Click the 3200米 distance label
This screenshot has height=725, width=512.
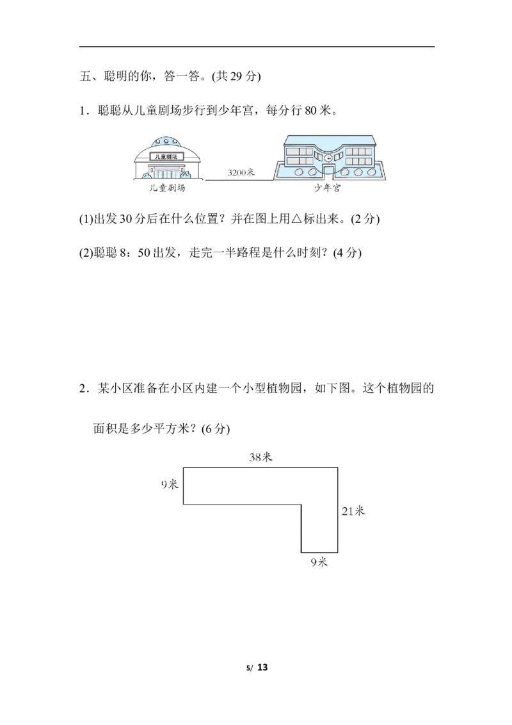point(241,173)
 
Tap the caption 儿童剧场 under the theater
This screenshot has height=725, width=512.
point(169,188)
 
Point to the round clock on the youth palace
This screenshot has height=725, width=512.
point(328,157)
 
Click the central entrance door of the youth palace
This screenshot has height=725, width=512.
point(328,170)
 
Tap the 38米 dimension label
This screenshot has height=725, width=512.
point(261,457)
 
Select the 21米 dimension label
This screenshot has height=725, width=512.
point(353,511)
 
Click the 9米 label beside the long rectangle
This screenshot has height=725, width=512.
point(168,485)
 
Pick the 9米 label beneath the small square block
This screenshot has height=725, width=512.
point(318,562)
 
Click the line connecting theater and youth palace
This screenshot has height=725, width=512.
point(238,181)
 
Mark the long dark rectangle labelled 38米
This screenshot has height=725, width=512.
point(260,486)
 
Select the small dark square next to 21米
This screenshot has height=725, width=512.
point(319,529)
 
